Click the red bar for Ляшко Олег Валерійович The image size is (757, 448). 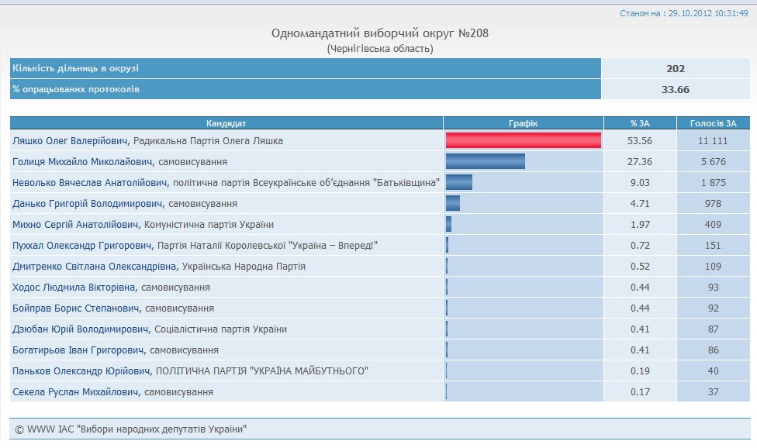(524, 140)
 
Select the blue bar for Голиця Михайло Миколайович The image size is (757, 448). (485, 161)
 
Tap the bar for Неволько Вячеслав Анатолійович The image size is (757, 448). (458, 182)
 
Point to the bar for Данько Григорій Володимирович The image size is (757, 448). (452, 203)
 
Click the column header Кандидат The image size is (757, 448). (226, 123)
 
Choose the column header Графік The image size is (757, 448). (523, 123)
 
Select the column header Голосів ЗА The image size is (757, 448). (708, 123)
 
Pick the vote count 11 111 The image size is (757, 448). (708, 141)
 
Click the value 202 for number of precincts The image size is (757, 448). (676, 68)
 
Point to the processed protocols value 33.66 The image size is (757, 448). (676, 89)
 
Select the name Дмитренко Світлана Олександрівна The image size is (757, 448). (95, 267)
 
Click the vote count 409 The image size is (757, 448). (708, 225)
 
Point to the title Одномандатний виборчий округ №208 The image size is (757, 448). (380, 33)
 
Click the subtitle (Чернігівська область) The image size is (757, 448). (380, 49)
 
